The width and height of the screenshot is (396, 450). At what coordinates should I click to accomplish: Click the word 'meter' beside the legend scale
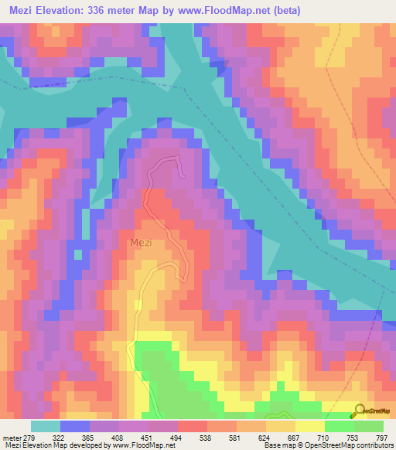[x=12, y=438]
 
